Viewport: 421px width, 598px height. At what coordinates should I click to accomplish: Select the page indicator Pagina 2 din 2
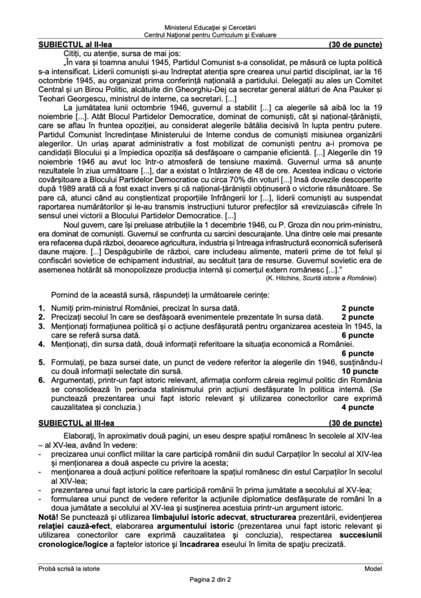pyautogui.click(x=210, y=579)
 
